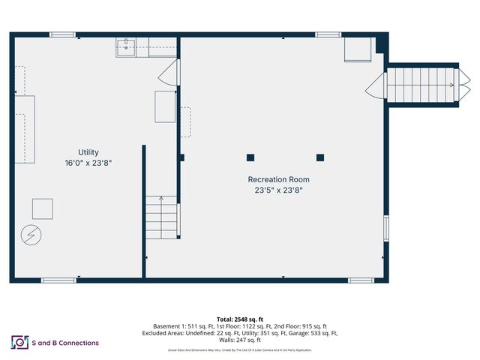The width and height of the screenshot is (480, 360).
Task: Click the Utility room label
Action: [x=88, y=151]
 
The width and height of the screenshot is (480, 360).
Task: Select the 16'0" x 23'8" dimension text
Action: [x=88, y=163]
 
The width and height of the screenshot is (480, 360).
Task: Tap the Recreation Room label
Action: [x=278, y=179]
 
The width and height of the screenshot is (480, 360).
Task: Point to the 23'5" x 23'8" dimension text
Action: [x=278, y=190]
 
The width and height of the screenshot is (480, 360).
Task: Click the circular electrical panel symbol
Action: [x=31, y=235]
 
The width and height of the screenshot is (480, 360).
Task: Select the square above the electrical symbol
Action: [x=42, y=208]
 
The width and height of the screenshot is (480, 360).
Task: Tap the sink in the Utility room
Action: [x=126, y=47]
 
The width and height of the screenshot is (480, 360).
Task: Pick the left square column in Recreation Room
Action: [x=250, y=157]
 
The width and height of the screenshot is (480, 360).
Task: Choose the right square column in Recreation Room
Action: [x=320, y=157]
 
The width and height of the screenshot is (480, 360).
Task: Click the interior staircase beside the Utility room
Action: [x=162, y=217]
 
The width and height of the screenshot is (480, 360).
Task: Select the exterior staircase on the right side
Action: [x=420, y=85]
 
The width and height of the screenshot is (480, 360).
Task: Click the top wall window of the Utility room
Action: [x=62, y=34]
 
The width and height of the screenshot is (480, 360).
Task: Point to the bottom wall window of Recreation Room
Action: [x=361, y=280]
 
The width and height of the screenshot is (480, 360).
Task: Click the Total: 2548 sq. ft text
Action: [x=240, y=319]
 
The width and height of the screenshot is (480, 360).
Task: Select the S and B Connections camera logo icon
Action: [x=19, y=343]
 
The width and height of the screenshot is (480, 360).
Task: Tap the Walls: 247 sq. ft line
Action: [x=240, y=340]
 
